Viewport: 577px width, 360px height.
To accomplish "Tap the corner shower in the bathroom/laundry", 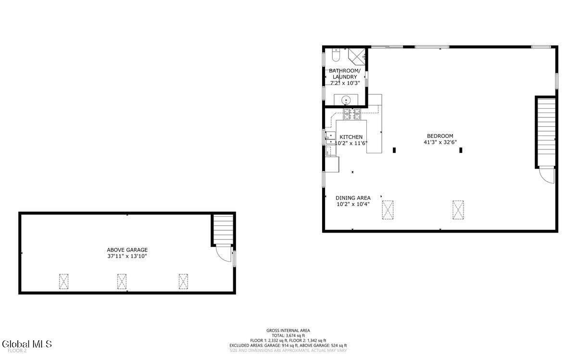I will coord(358,56).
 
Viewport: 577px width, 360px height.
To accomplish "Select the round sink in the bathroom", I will coord(346,100).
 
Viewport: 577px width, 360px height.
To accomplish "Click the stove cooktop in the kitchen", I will coord(351,114).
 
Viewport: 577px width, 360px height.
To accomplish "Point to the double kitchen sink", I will coord(330,138).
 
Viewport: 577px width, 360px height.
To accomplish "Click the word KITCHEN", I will coord(351,137).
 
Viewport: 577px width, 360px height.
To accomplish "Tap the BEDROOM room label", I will coord(440,136).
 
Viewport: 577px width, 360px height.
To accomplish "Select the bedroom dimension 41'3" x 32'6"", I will coord(440,142).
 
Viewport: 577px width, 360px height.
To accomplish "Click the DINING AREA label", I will coord(353,198).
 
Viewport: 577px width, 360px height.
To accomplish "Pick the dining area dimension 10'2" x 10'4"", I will coord(353,204).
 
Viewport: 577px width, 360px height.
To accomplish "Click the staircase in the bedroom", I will coord(545,132).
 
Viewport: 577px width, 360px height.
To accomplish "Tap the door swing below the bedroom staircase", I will coord(546,175).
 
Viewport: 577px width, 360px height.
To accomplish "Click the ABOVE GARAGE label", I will coord(127,250).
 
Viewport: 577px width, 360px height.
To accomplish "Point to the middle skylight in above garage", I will coord(122,282).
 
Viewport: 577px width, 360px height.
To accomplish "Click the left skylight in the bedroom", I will coord(388,210).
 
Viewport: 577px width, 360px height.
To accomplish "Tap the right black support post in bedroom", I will coord(461,150).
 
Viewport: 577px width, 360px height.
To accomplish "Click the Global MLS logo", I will coord(26,344).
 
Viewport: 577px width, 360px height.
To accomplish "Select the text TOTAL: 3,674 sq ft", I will coord(288,335).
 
